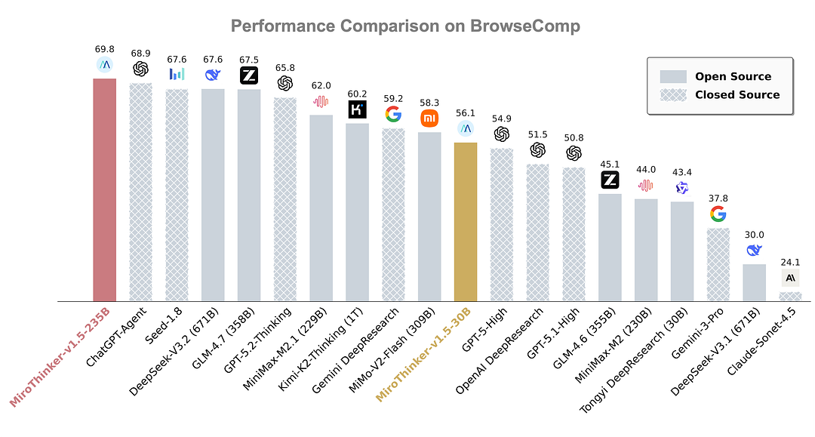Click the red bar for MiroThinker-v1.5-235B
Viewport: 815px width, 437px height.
click(104, 189)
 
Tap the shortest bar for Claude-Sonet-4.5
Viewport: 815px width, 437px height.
click(790, 297)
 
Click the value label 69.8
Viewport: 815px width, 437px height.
click(104, 49)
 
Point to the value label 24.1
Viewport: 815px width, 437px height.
click(790, 263)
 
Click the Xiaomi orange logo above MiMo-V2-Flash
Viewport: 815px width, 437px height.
click(429, 118)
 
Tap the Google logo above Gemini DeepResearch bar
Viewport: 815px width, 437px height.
click(393, 114)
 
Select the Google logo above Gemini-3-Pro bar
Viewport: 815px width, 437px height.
click(718, 214)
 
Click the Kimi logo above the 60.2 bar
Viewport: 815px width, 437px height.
click(357, 109)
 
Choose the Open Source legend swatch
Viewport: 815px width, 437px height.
click(673, 76)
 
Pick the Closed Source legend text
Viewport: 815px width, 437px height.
click(737, 95)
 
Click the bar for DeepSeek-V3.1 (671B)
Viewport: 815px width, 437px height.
click(754, 282)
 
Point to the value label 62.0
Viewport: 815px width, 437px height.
click(321, 86)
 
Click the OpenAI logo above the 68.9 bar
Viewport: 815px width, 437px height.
click(140, 69)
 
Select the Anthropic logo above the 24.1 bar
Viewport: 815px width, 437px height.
click(790, 278)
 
